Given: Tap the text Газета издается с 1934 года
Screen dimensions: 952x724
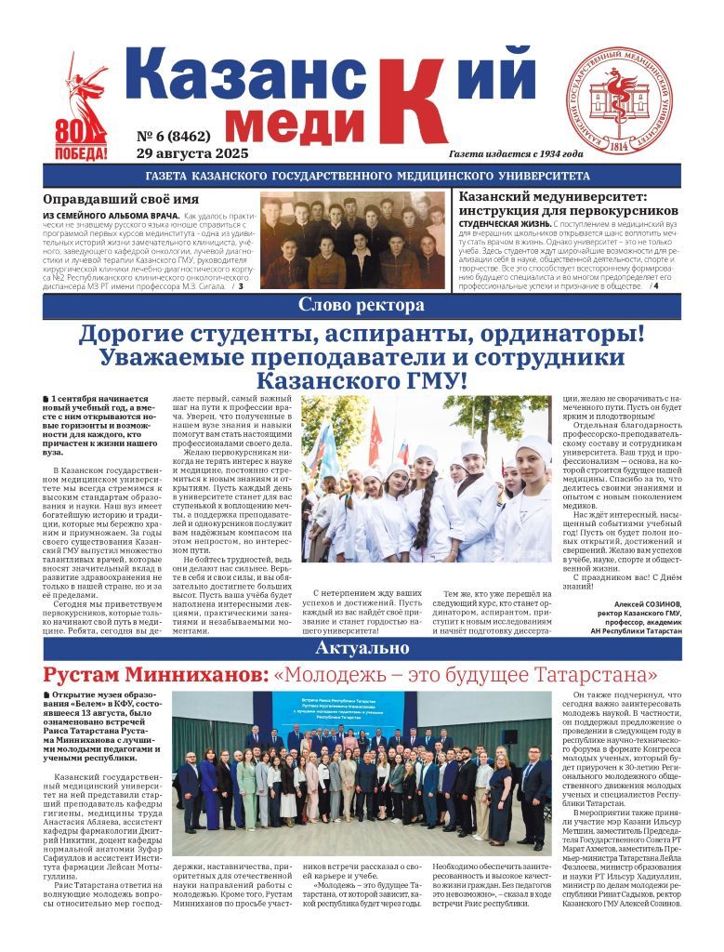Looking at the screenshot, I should pyautogui.click(x=516, y=153).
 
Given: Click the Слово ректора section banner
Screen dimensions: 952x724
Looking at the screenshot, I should pyautogui.click(x=362, y=305).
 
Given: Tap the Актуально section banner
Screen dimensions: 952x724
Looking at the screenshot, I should pyautogui.click(x=362, y=647).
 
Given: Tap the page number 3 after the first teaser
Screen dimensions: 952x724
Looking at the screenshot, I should pyautogui.click(x=241, y=286).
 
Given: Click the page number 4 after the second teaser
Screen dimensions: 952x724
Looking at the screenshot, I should pyautogui.click(x=655, y=284).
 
